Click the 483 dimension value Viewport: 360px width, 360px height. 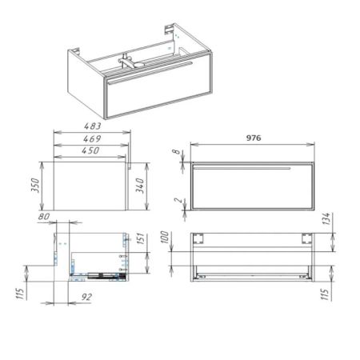[x=93, y=126]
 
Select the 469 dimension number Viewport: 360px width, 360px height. [x=92, y=138]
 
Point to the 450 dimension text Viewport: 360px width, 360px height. [x=90, y=150]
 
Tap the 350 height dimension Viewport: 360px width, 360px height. [x=35, y=186]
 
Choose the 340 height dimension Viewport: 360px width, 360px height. [x=140, y=186]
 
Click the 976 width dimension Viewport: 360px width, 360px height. [x=254, y=138]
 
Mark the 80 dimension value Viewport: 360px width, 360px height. [x=44, y=216]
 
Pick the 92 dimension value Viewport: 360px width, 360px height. [x=86, y=297]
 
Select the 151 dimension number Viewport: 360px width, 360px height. [x=141, y=238]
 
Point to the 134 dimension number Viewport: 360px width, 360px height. [x=326, y=218]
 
